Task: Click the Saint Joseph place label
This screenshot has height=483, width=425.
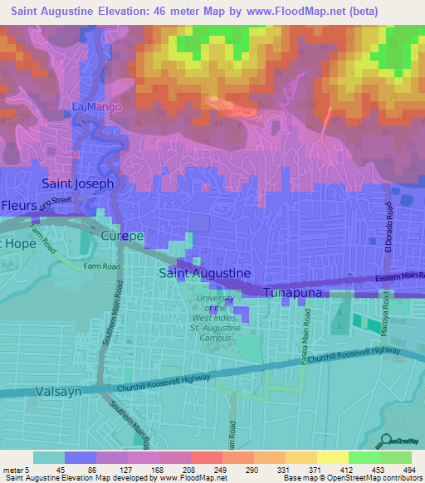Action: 77,183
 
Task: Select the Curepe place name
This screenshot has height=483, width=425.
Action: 122,237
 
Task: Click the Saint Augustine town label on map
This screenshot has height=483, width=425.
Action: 204,272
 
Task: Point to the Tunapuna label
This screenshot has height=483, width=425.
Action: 297,293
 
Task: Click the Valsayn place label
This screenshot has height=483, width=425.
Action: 59,391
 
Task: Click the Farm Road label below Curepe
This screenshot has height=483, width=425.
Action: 102,266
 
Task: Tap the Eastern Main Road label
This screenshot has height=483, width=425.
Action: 398,276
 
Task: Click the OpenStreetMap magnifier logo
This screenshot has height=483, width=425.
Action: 383,441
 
